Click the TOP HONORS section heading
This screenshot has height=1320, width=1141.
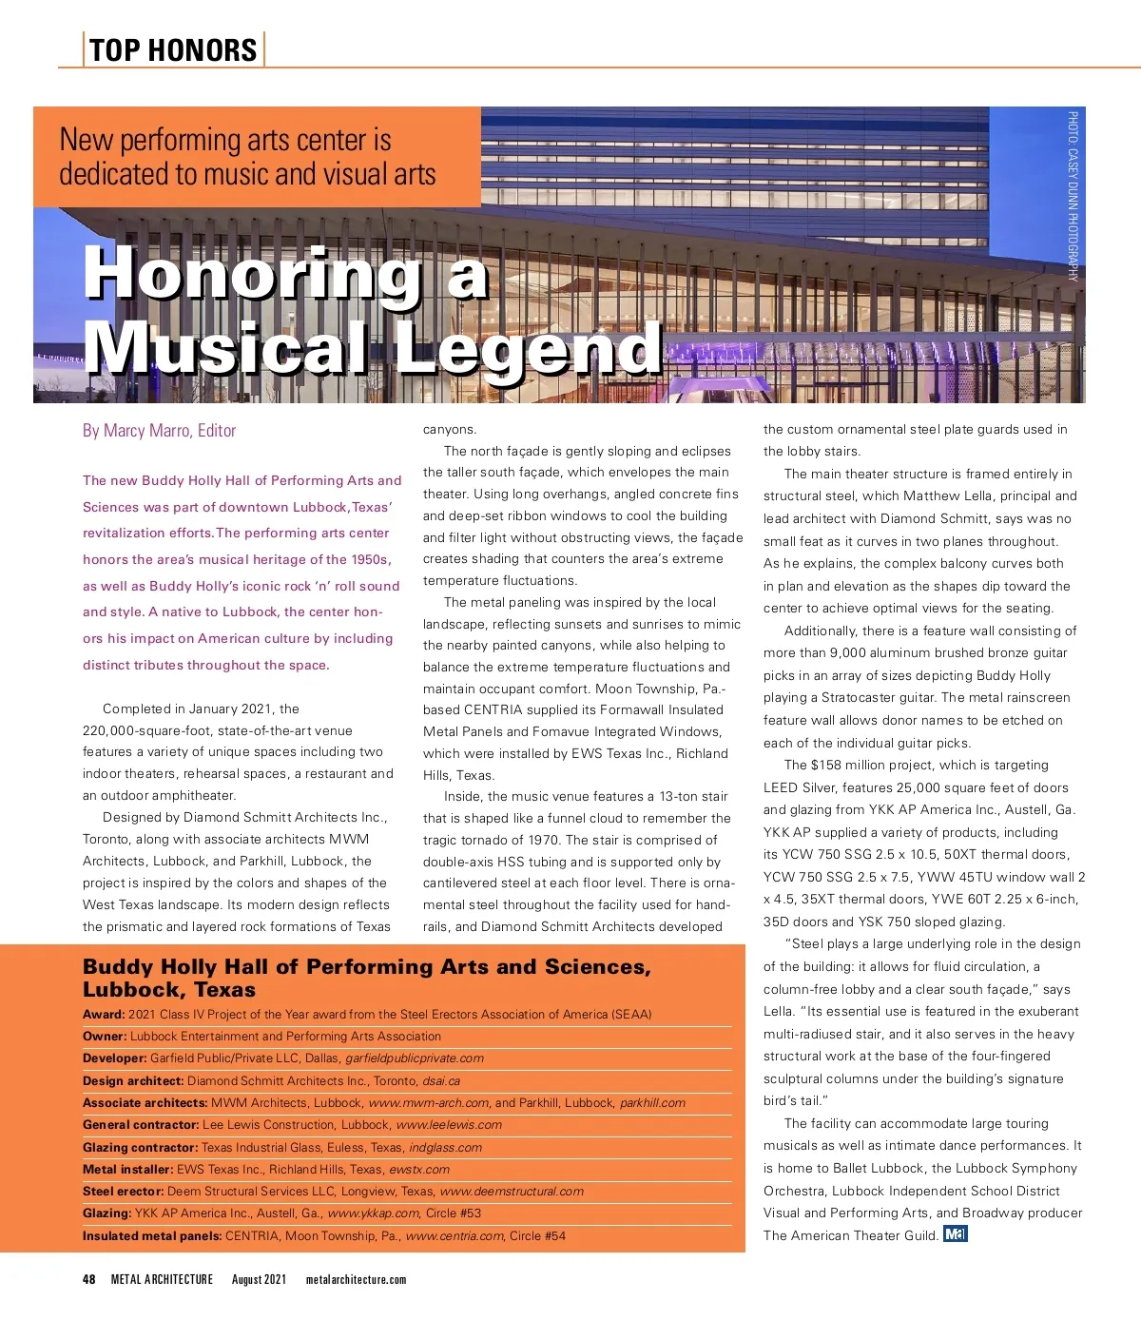tap(173, 49)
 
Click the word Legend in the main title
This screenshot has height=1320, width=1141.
tap(529, 348)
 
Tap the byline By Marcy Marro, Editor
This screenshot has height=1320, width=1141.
tap(159, 431)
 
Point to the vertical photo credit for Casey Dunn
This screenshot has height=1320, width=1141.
tap(1073, 196)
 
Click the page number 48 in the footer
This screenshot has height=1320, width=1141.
tap(89, 1279)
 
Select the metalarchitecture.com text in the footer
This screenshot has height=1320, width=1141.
tap(356, 1279)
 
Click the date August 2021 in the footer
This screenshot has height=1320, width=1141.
tap(259, 1279)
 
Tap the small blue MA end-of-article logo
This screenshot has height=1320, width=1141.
tap(955, 1234)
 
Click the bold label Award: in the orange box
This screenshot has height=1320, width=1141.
tap(104, 1015)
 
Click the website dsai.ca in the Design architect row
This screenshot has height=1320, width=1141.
tap(441, 1081)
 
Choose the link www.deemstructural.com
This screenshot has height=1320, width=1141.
tap(512, 1192)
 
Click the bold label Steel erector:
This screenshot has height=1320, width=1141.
tap(124, 1192)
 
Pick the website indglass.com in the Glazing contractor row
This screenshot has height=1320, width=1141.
tap(445, 1148)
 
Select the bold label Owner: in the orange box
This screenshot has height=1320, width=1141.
tap(105, 1037)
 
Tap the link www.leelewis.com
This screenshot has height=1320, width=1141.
tap(449, 1125)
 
